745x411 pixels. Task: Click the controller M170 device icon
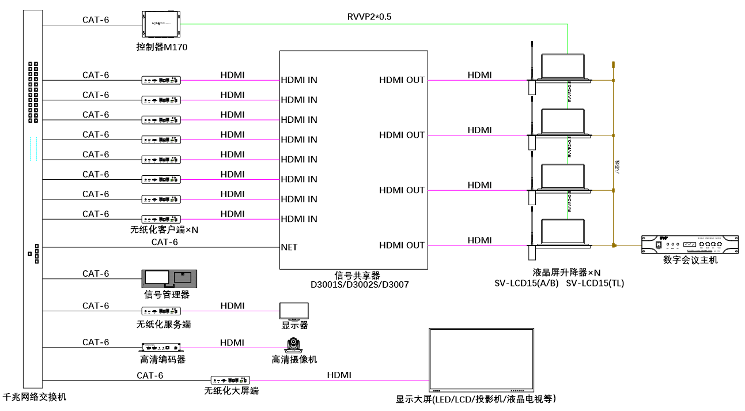161,25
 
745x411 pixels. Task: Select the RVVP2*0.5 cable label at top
369,17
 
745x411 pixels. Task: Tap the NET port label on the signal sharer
289,247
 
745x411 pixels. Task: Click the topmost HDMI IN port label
299,80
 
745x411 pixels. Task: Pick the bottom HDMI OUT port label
402,246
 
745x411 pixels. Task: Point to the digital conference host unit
690,244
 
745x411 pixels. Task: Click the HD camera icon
294,346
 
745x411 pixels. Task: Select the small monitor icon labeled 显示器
294,311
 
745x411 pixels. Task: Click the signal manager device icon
169,279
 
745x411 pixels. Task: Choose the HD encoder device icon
162,348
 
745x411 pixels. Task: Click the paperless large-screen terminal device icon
230,380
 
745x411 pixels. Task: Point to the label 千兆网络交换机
35,397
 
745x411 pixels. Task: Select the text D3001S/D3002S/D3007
360,284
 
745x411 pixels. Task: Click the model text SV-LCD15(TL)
595,283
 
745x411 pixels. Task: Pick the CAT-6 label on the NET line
165,242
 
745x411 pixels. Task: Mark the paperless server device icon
162,311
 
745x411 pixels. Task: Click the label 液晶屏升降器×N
566,273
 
